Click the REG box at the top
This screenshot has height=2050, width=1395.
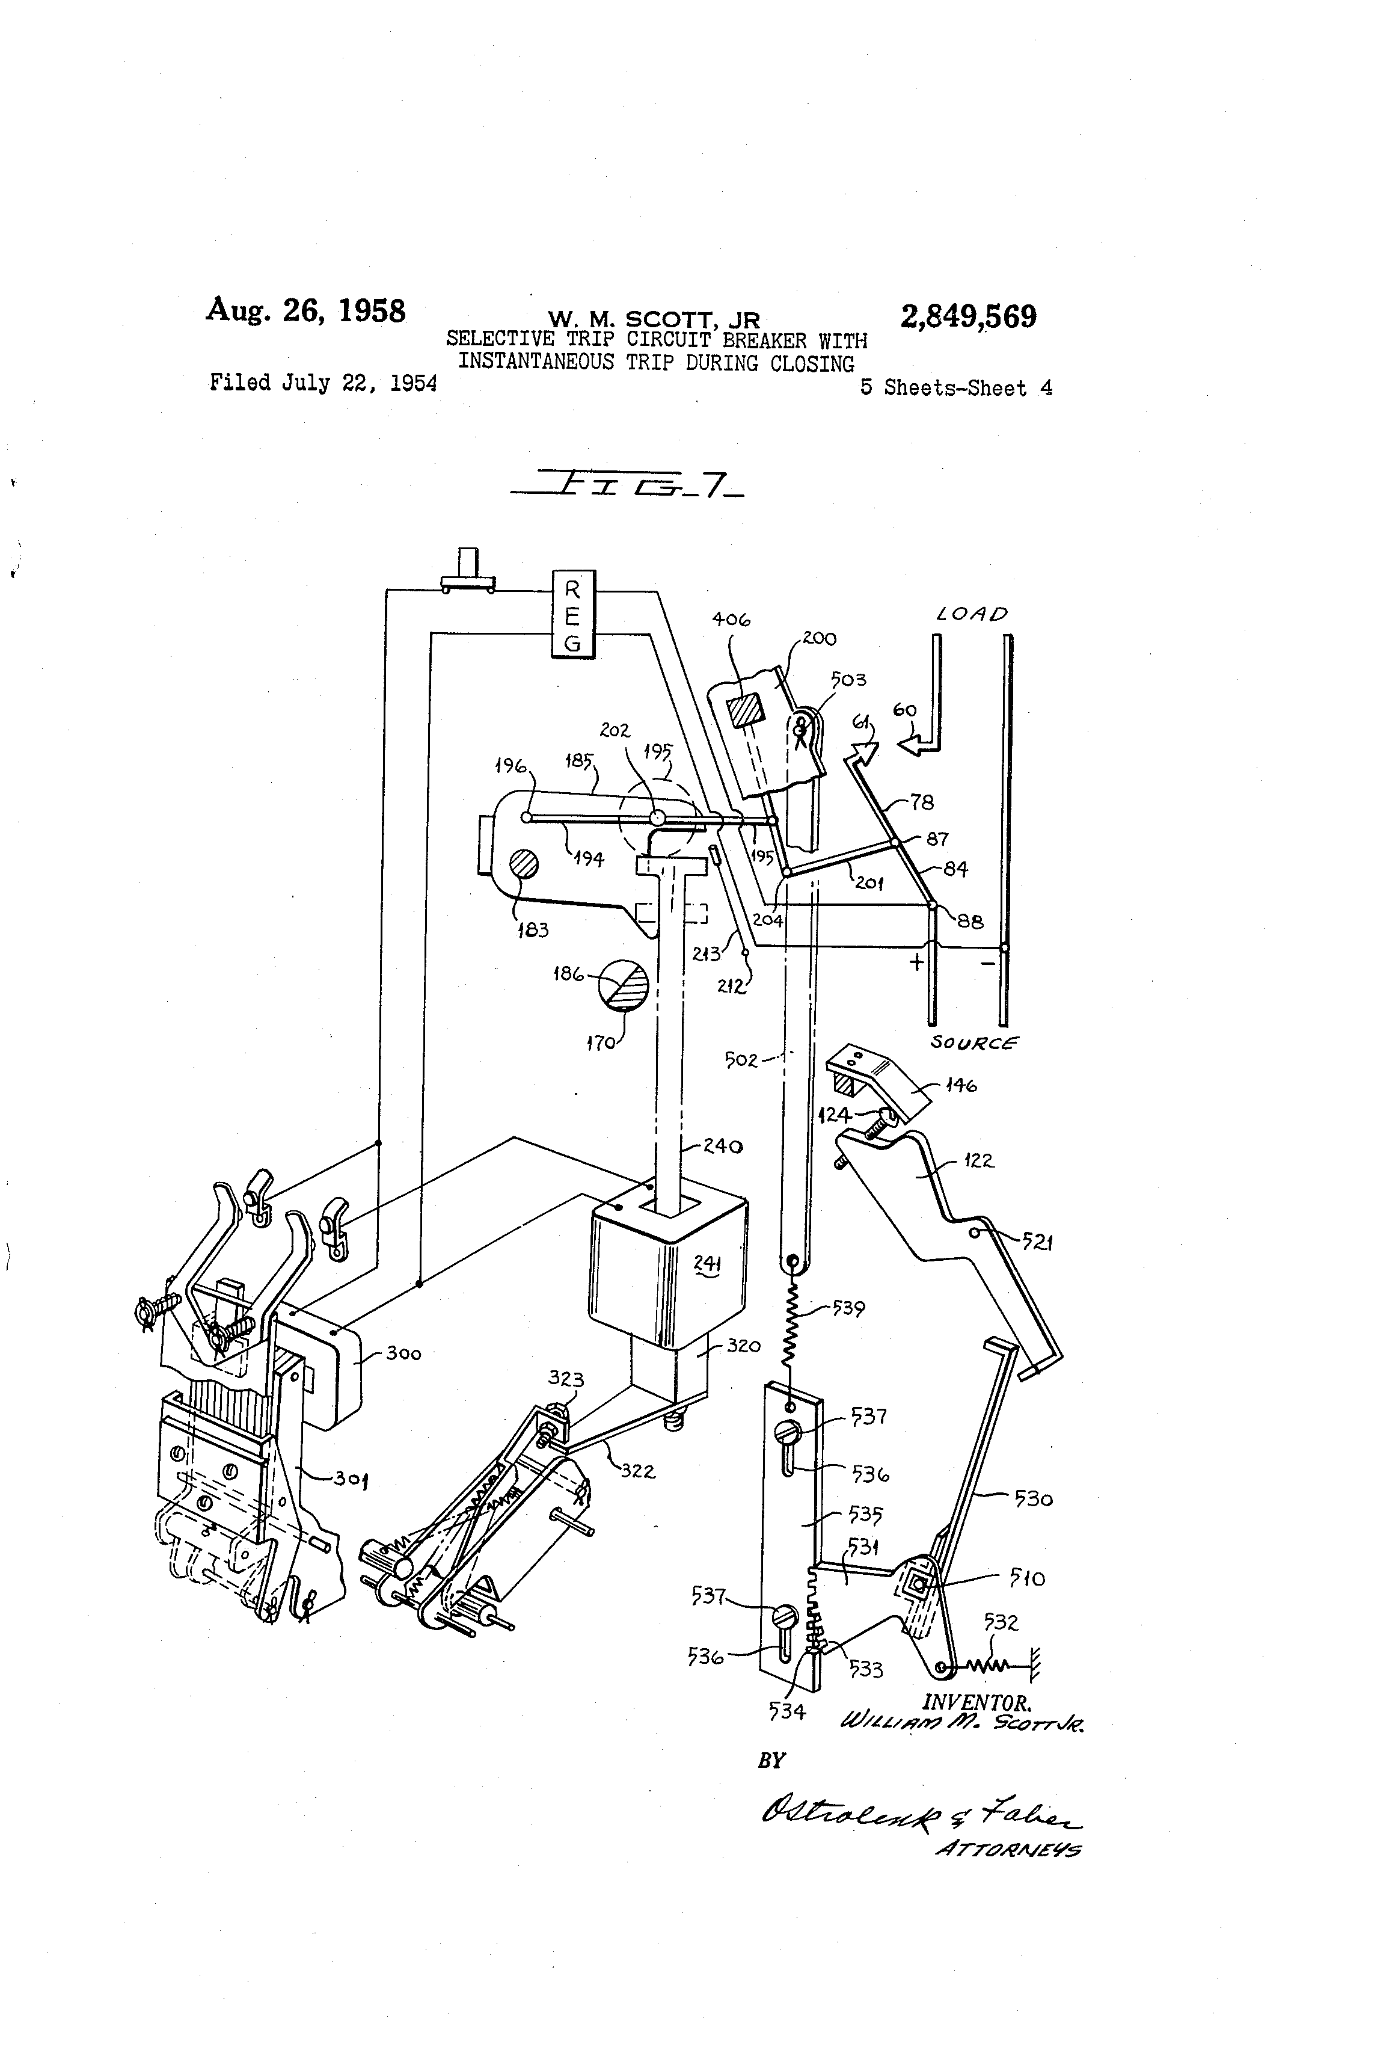pyautogui.click(x=572, y=614)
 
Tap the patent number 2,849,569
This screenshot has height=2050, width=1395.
pyautogui.click(x=967, y=316)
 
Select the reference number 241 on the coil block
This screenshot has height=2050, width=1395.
pyautogui.click(x=705, y=1264)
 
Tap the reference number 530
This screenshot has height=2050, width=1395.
pyautogui.click(x=1034, y=1498)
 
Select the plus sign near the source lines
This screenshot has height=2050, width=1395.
pyautogui.click(x=916, y=961)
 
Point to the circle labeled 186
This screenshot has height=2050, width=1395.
pyautogui.click(x=624, y=985)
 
